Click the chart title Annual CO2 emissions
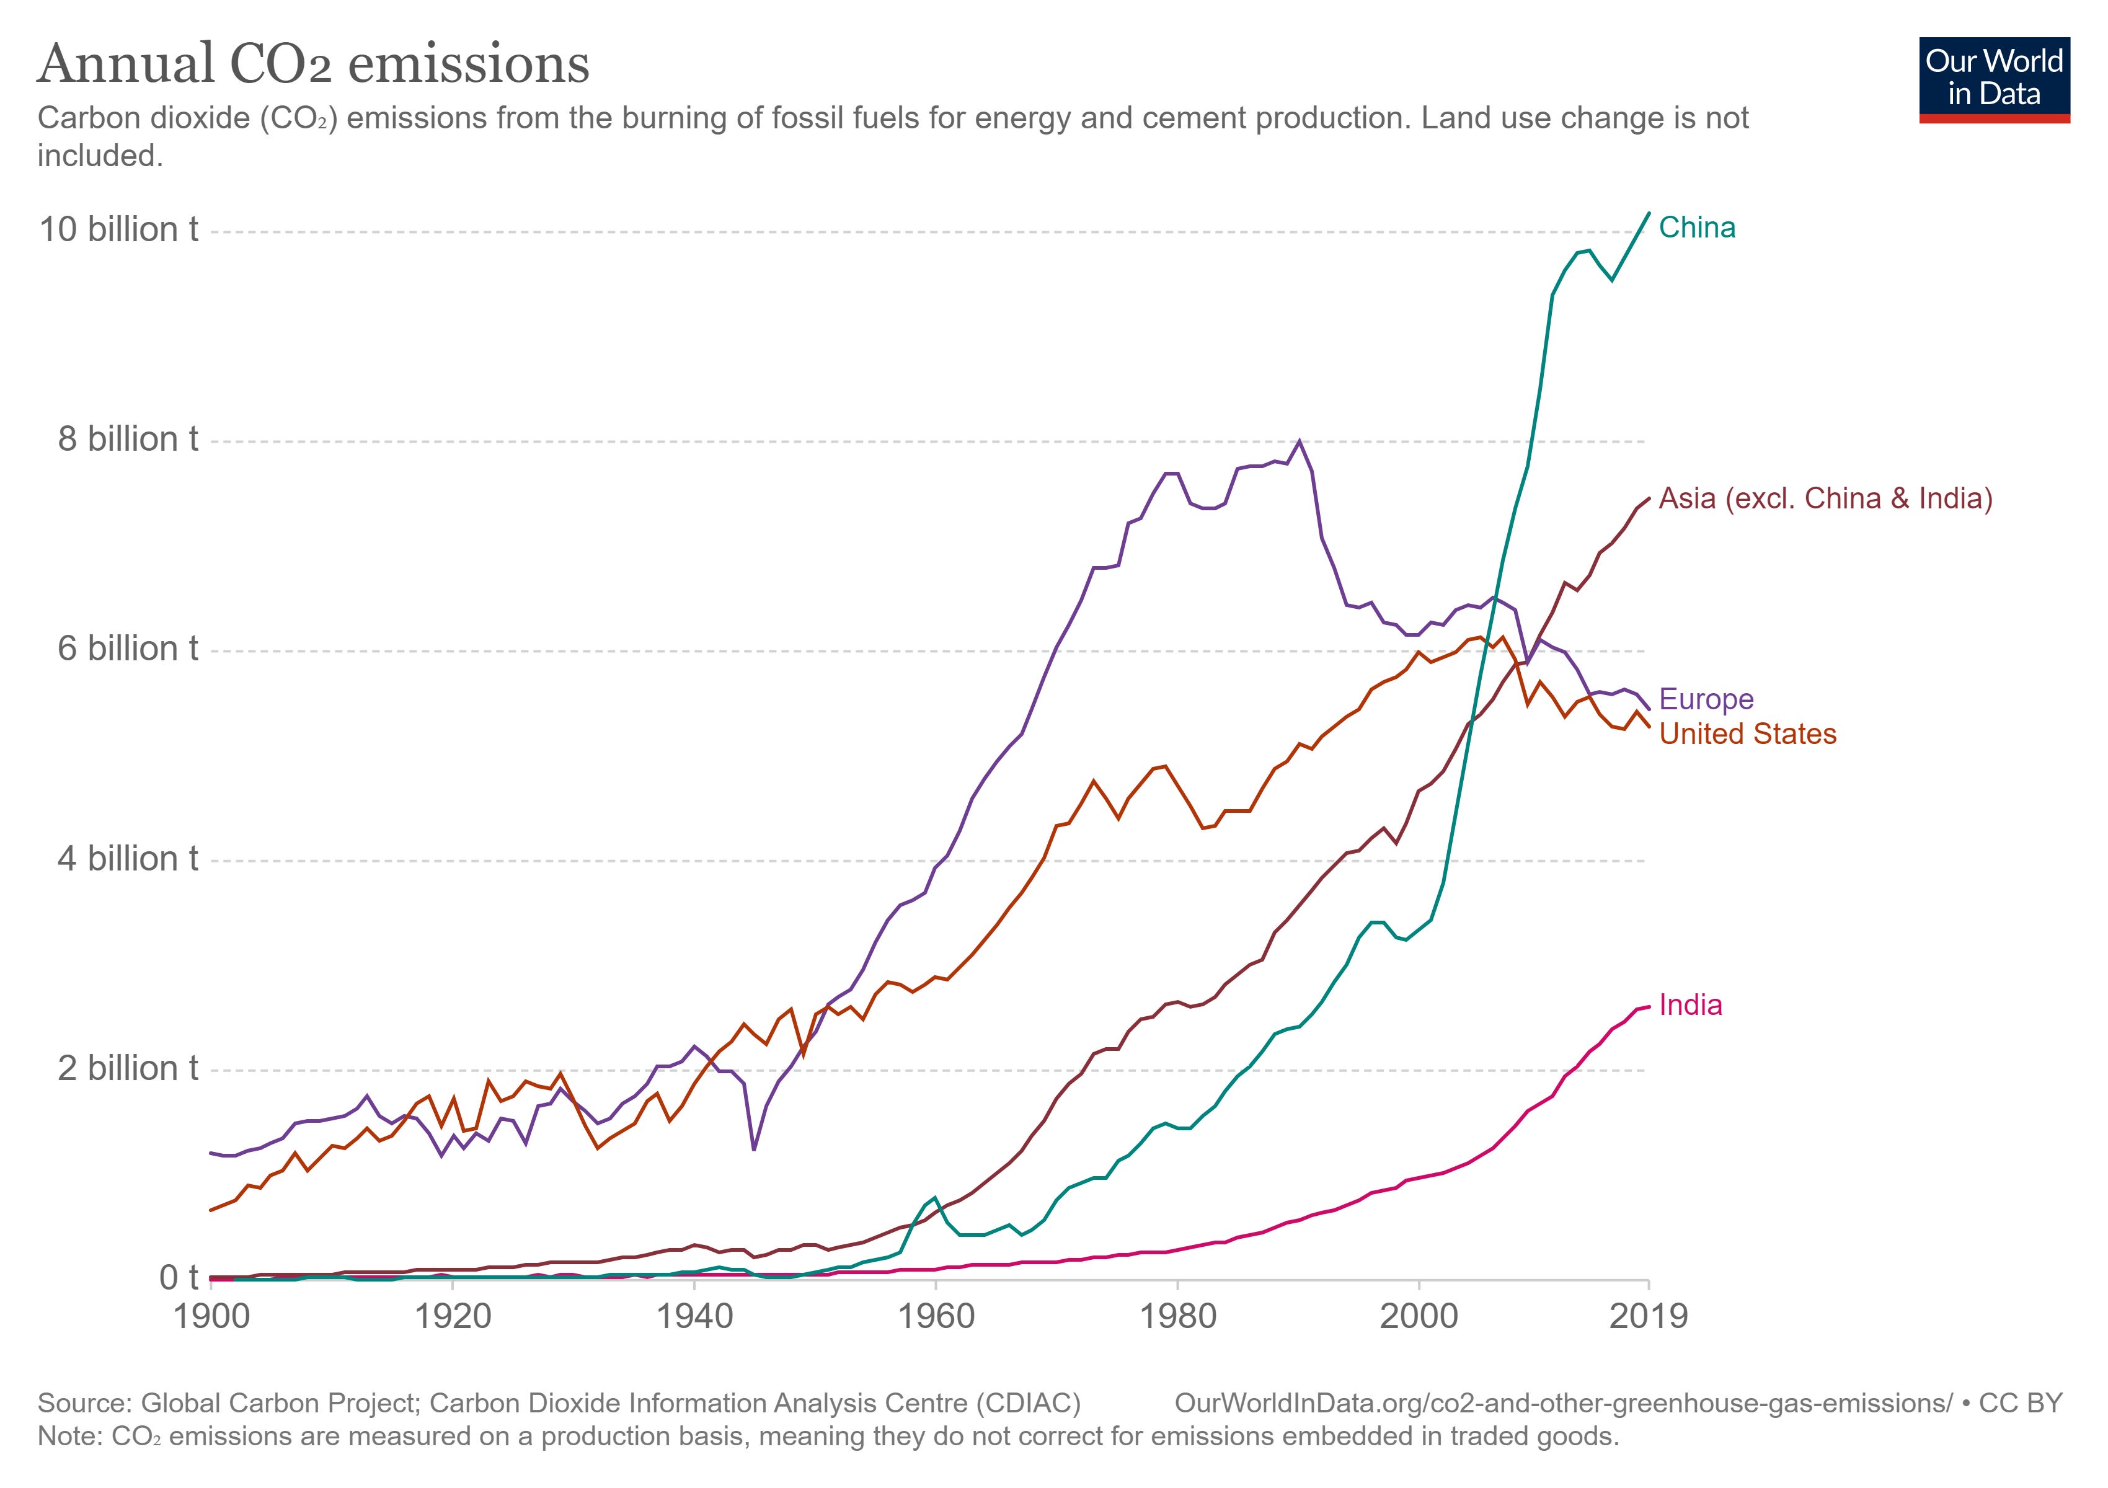tap(313, 64)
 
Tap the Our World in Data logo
tap(1993, 79)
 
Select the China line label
tap(1697, 228)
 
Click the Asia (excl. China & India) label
tap(1825, 498)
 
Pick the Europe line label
tap(1706, 699)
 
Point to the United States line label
tap(1747, 734)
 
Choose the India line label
tap(1690, 1005)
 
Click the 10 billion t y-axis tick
tap(118, 229)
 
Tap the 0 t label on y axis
tap(178, 1278)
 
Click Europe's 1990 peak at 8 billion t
tap(1298, 441)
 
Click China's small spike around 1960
tap(934, 1197)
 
